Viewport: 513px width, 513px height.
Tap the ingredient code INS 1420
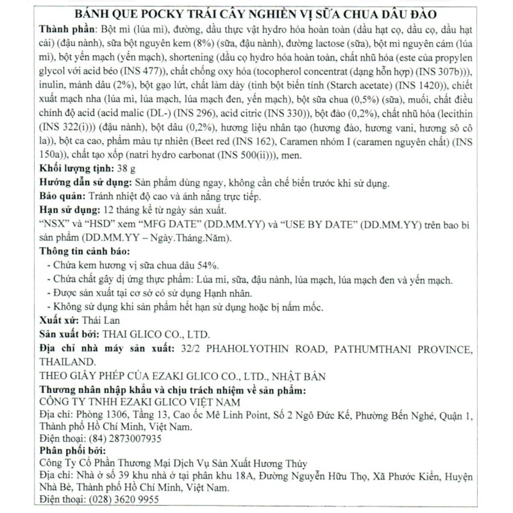(x=420, y=86)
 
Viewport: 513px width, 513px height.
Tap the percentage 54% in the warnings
(x=210, y=265)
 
